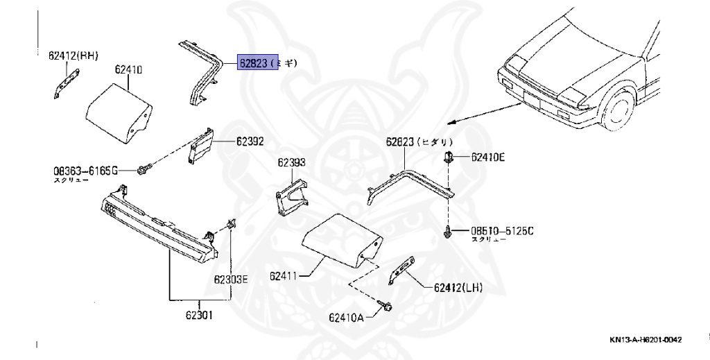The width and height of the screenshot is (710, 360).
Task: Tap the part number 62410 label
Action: coord(129,70)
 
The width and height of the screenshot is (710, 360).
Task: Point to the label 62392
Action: coord(250,142)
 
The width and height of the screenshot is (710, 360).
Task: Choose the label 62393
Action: coord(292,163)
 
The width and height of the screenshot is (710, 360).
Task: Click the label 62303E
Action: coord(230,280)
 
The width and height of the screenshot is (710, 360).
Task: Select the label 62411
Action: coord(284,275)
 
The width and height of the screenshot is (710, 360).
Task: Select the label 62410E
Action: coord(488,157)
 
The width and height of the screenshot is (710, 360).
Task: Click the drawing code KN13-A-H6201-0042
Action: coord(646,340)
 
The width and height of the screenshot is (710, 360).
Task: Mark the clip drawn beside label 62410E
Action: coord(449,156)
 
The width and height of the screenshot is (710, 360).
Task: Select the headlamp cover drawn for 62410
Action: coord(118,112)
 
